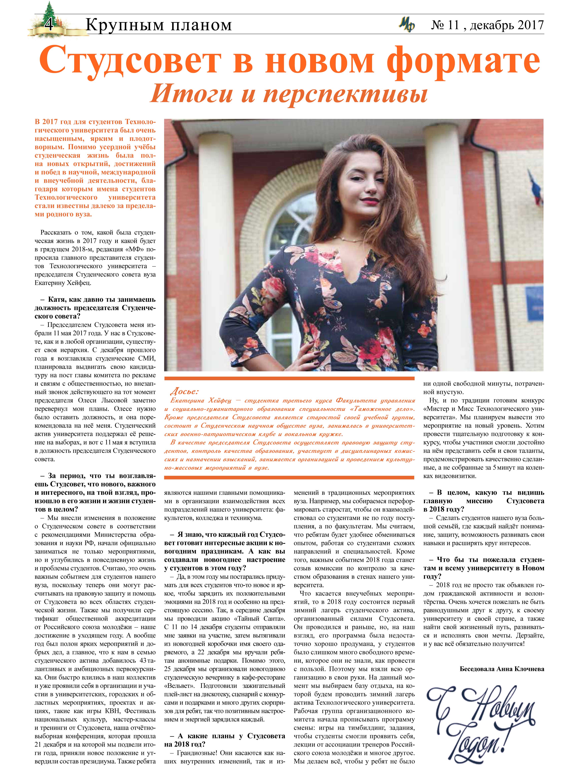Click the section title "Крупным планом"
pos(158,25)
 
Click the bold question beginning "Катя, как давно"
pos(95,308)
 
